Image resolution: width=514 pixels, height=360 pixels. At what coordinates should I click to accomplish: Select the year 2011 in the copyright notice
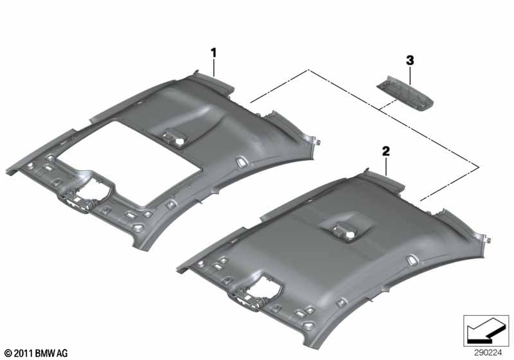pos(25,353)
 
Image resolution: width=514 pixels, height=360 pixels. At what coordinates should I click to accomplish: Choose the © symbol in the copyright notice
pos(8,353)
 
